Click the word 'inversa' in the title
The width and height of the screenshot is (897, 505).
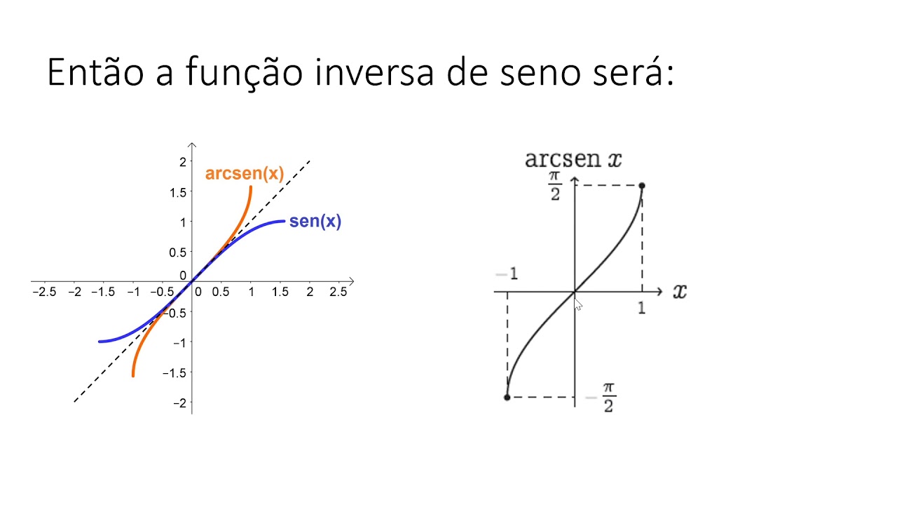(x=366, y=72)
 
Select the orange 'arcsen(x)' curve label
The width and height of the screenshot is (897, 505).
(x=244, y=174)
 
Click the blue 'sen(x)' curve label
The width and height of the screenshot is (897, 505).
(x=315, y=222)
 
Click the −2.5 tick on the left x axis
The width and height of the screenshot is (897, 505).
(x=44, y=292)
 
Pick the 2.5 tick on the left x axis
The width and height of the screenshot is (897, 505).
(x=338, y=292)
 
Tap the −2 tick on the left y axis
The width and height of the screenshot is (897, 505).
(x=180, y=403)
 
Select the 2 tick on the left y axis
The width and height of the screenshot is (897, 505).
(x=183, y=161)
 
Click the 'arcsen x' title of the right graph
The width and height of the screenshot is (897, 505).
(x=573, y=159)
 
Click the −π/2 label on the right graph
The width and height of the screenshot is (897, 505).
(x=602, y=397)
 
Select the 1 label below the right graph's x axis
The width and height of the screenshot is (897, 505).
(x=641, y=308)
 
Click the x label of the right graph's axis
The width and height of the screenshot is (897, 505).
(x=679, y=291)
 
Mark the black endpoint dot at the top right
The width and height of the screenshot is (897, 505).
(x=642, y=186)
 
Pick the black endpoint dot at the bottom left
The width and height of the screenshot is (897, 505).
(x=507, y=398)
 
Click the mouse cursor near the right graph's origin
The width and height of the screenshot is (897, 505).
(x=578, y=304)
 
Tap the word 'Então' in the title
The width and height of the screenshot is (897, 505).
(x=95, y=72)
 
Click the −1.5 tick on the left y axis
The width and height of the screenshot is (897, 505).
(x=177, y=372)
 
